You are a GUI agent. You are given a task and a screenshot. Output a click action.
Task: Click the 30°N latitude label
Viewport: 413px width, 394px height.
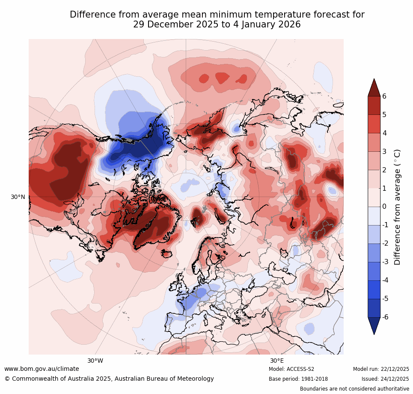tap(18, 197)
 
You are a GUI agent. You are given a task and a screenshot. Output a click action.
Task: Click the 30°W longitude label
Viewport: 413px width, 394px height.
tap(95, 361)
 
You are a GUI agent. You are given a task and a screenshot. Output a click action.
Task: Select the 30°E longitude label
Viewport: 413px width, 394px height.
tap(277, 361)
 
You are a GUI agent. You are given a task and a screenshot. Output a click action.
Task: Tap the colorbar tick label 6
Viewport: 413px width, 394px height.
tap(384, 96)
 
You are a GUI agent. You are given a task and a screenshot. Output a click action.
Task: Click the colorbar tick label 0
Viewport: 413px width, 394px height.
tap(384, 207)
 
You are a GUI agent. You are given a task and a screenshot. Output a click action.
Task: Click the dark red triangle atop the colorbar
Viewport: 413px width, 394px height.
tap(374, 87)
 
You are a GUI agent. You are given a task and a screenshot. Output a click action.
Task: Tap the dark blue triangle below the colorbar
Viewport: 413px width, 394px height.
tap(374, 325)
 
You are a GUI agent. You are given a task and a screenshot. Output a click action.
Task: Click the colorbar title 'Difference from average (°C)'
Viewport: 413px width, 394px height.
tap(397, 207)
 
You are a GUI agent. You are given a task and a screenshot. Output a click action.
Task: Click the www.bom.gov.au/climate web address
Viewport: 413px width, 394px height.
tap(42, 369)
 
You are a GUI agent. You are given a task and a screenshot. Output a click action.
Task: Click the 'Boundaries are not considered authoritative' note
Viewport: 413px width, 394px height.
tap(354, 389)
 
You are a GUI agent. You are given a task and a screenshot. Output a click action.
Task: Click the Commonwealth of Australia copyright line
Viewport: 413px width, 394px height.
tap(109, 379)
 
